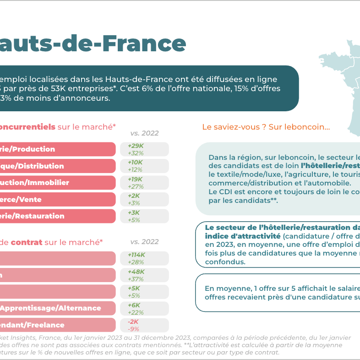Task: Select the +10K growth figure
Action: (x=136, y=163)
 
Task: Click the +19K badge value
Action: (x=136, y=179)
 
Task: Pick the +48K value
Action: (x=136, y=272)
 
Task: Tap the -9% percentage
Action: (x=133, y=328)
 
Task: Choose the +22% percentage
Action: (x=136, y=312)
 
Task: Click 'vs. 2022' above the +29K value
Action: (x=144, y=133)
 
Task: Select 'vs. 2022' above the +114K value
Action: (x=144, y=242)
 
